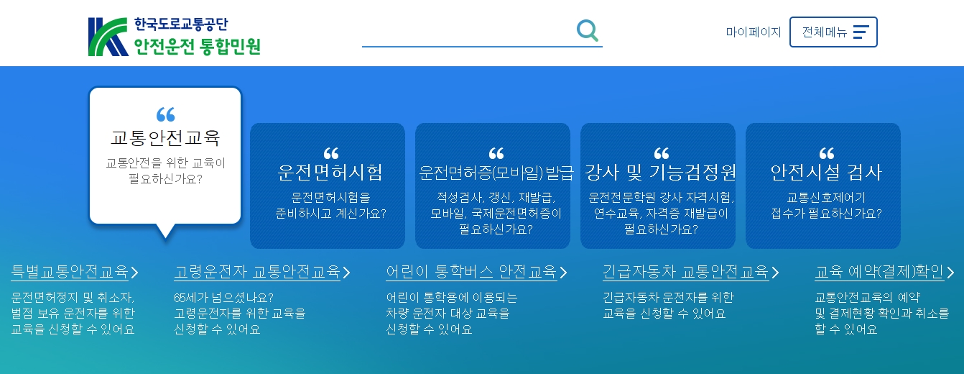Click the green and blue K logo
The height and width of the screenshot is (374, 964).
click(108, 37)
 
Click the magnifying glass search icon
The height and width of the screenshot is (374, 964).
click(588, 31)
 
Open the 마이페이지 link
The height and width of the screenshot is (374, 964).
click(753, 32)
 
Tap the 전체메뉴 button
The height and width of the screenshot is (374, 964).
click(833, 32)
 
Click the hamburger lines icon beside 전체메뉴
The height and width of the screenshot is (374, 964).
click(861, 32)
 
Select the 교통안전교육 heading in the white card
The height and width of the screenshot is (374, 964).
click(165, 138)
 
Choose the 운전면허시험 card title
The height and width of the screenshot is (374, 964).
click(330, 173)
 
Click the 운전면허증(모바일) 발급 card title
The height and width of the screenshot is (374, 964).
click(496, 173)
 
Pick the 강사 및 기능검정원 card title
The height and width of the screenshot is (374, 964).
click(660, 173)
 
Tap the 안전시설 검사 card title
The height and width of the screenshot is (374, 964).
click(826, 173)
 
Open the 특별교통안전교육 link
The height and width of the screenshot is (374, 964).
click(70, 272)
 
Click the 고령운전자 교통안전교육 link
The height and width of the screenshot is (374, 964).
click(257, 272)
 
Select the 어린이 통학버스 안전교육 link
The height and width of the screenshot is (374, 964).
click(471, 272)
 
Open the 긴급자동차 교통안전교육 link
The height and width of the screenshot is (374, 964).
click(685, 272)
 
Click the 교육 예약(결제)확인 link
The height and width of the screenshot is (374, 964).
click(879, 272)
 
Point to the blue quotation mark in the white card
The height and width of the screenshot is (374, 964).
click(166, 114)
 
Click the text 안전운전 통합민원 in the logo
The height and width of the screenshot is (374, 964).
click(197, 47)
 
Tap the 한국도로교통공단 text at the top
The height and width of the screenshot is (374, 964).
click(181, 24)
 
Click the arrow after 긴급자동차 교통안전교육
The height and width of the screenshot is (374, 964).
click(775, 273)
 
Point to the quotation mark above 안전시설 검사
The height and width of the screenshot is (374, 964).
click(827, 153)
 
